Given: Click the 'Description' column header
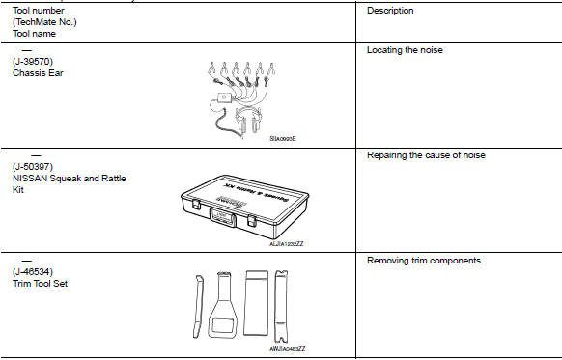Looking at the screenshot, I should point(390,11).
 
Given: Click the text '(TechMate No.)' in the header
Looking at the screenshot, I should point(44,22).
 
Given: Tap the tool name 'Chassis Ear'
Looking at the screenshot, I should point(39,73).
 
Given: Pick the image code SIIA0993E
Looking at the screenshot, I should point(283,139).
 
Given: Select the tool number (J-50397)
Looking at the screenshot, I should point(35,167).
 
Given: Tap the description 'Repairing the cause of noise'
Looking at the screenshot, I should point(426,155).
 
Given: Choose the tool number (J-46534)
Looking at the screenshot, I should point(35,273).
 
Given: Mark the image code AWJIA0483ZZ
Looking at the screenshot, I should point(287,348).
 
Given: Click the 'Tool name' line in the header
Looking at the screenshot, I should point(34,34).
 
